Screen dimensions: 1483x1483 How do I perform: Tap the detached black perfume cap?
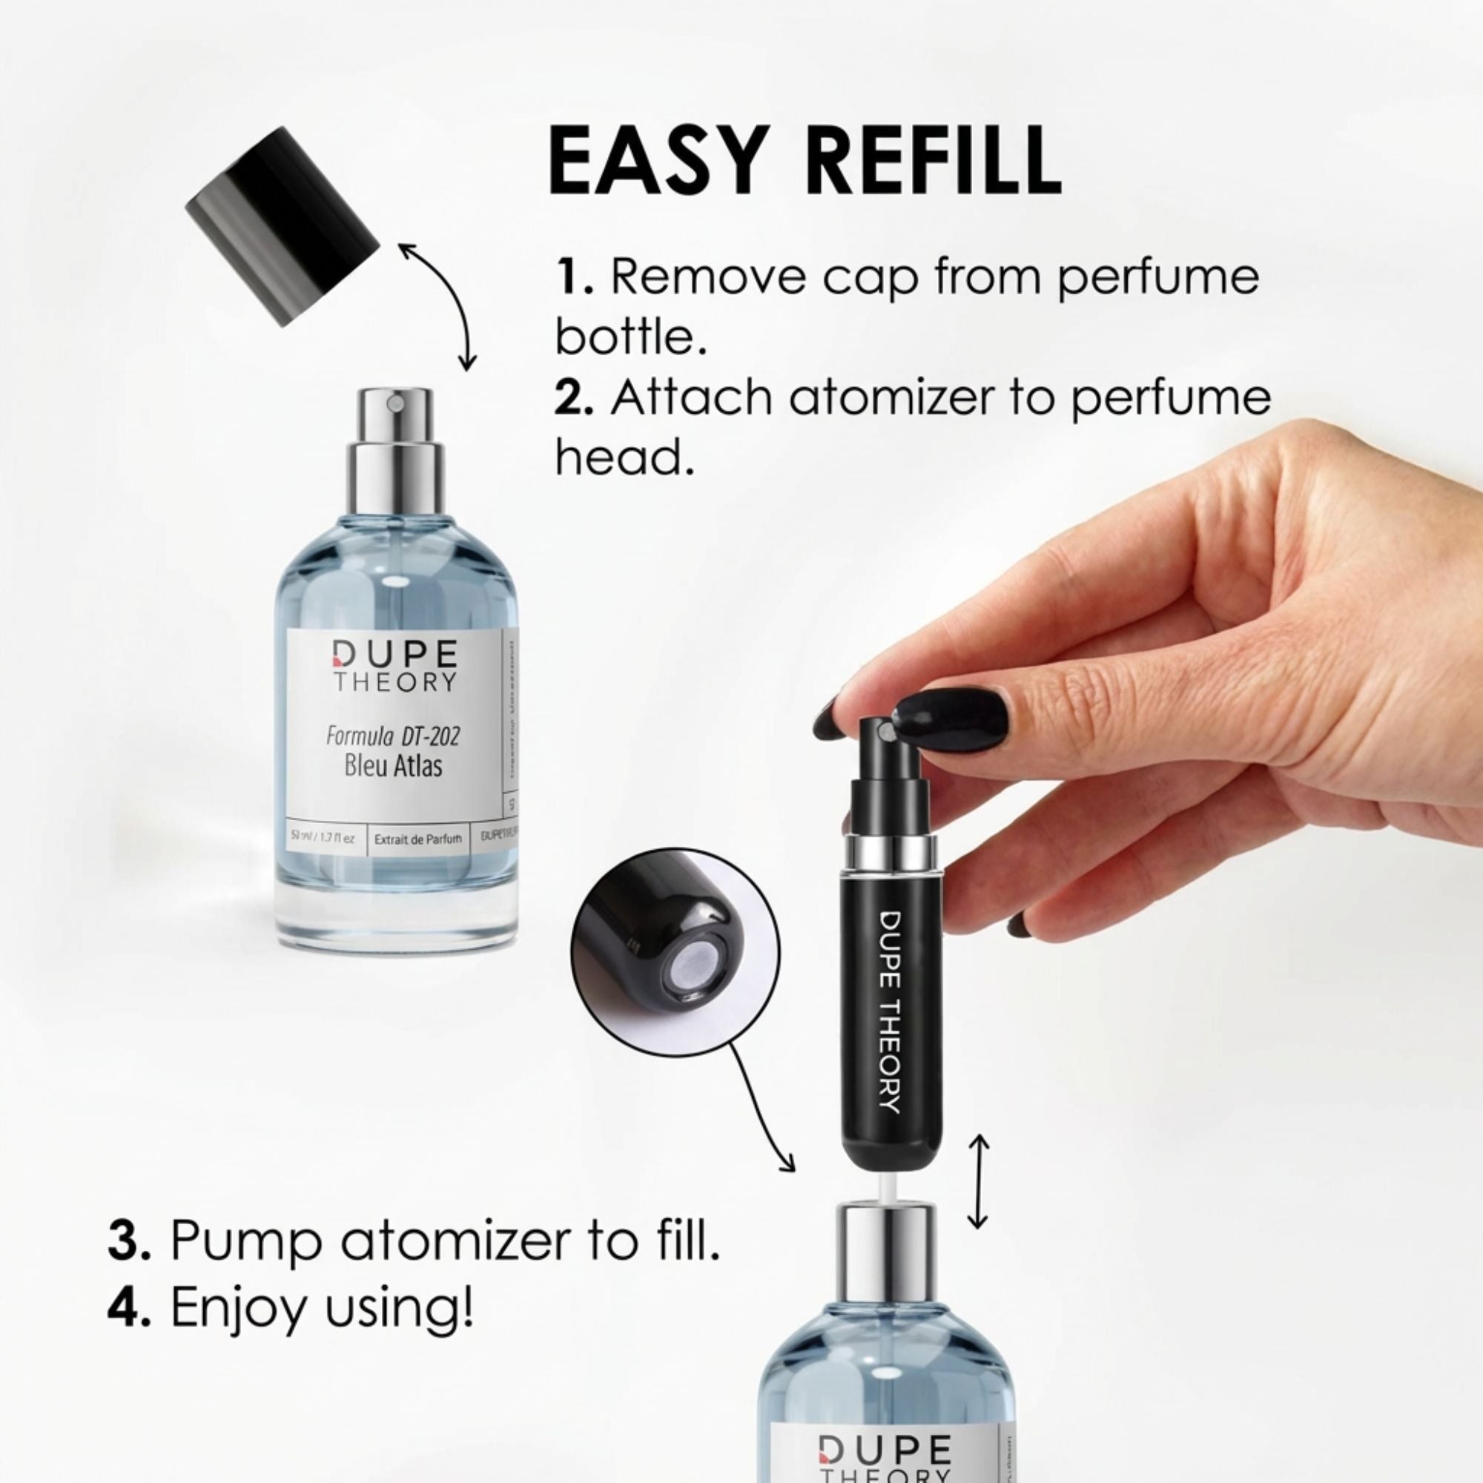tap(283, 226)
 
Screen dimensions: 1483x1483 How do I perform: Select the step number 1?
tap(572, 277)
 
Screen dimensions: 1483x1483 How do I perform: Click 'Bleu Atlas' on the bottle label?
tap(393, 766)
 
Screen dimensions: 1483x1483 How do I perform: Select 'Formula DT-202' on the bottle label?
tap(393, 736)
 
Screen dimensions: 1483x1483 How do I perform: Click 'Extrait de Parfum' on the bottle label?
tap(418, 839)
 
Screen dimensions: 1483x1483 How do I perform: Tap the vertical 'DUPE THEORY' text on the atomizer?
tap(890, 1011)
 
